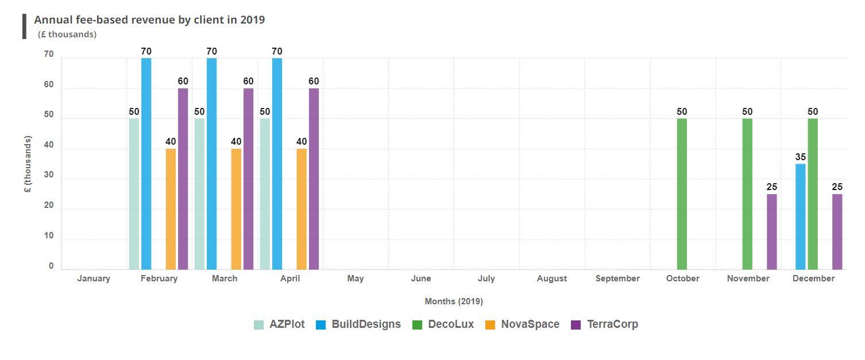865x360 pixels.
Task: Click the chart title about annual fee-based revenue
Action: tap(149, 20)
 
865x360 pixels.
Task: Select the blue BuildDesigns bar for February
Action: tap(146, 164)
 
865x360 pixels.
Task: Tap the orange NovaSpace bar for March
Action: tap(236, 209)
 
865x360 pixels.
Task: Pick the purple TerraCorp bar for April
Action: tap(314, 179)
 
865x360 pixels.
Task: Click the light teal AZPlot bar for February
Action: tap(134, 194)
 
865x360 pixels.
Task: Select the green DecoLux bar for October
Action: tap(682, 194)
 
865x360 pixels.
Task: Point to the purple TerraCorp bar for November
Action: tap(771, 231)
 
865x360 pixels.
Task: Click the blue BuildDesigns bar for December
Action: tap(800, 216)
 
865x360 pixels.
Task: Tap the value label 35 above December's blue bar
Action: tap(800, 157)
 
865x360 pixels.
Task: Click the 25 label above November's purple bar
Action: tap(771, 187)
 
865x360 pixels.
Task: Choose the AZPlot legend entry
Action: tap(280, 324)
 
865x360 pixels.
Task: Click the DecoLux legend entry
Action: tap(443, 324)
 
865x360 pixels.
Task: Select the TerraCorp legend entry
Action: tap(604, 324)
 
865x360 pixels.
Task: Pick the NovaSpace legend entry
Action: tap(522, 324)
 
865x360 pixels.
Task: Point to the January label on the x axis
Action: tap(94, 278)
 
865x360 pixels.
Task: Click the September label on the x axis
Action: tap(617, 278)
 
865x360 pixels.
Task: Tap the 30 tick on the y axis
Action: tap(49, 176)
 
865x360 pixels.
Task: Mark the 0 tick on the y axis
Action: tap(51, 266)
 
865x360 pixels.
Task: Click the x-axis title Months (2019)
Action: tap(454, 301)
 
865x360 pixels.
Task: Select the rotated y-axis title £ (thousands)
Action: tap(28, 164)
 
